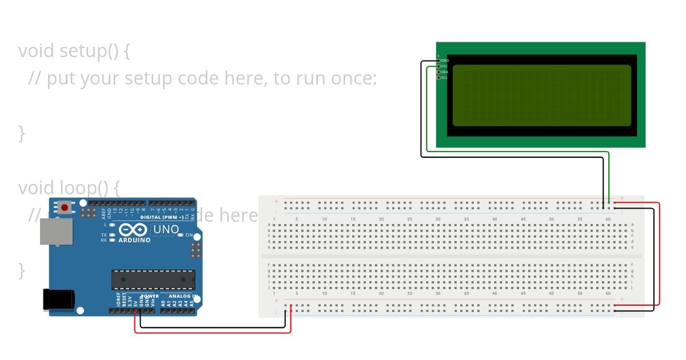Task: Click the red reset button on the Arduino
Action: tap(65, 207)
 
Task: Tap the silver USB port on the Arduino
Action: tap(56, 231)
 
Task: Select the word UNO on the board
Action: tap(166, 230)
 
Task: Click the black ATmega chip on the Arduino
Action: tap(153, 279)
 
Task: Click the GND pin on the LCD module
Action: tap(438, 61)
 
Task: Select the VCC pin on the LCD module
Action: tap(438, 66)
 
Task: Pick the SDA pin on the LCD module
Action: tap(438, 72)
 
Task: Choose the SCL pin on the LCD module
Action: tap(438, 78)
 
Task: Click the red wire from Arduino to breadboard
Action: tap(212, 333)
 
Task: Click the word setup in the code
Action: tap(83, 51)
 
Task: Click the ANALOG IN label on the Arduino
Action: tap(182, 296)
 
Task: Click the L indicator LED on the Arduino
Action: tap(113, 225)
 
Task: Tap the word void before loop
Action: tap(36, 187)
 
